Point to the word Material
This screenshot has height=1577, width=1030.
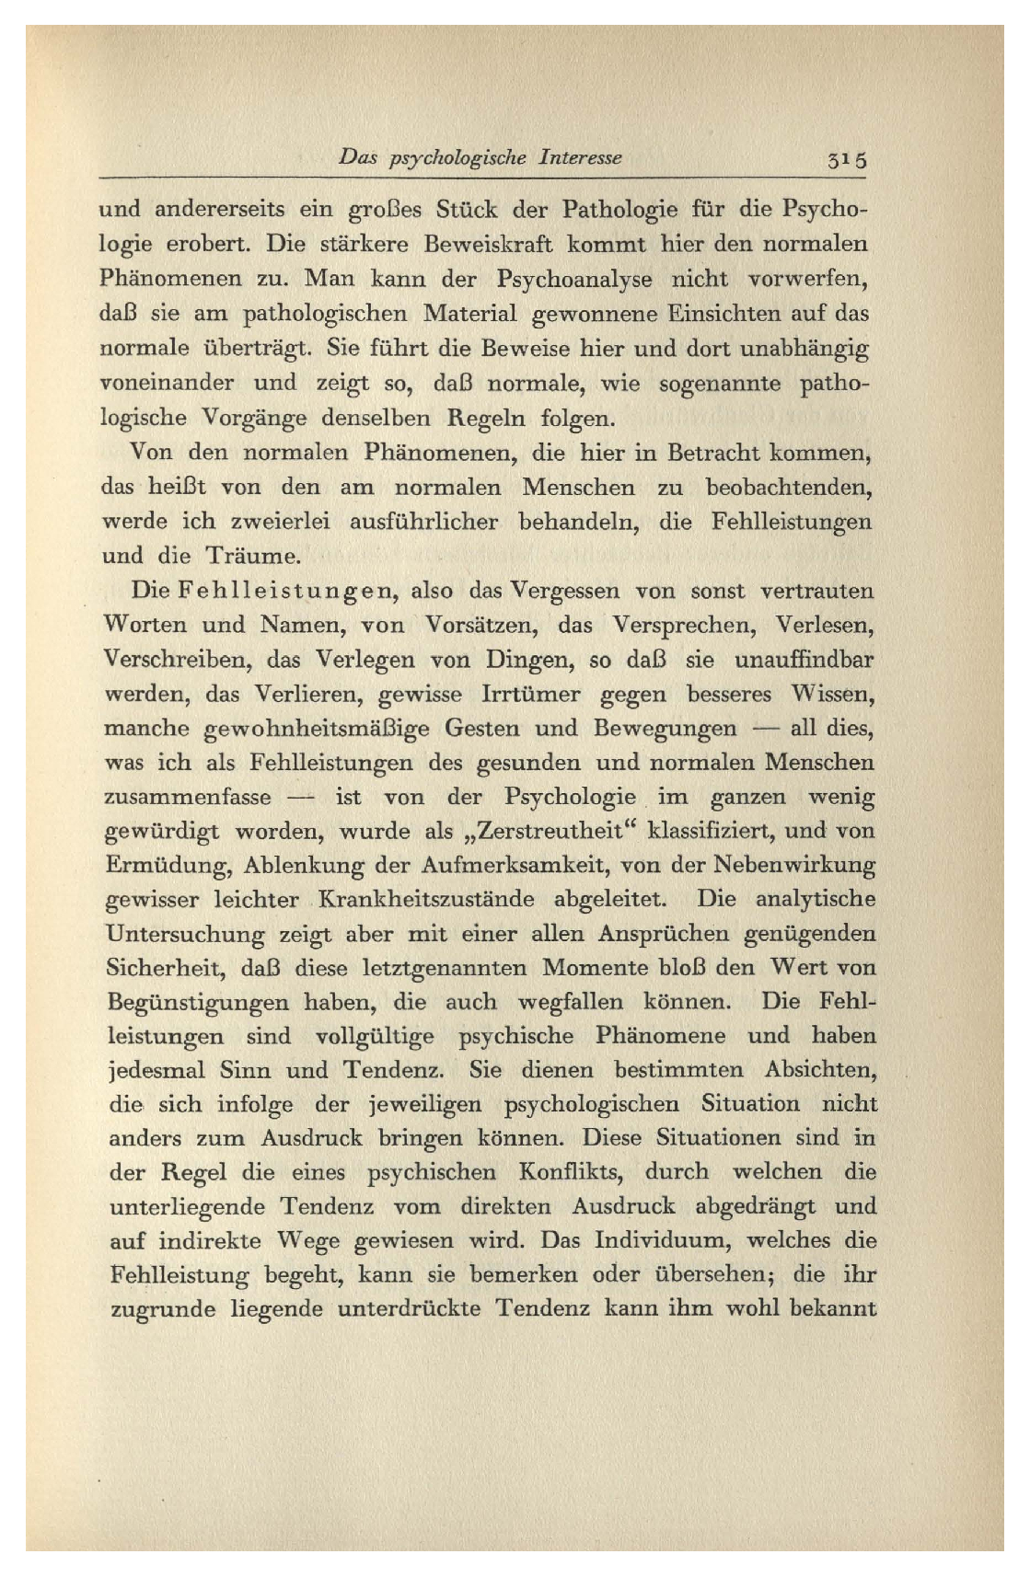[x=469, y=314]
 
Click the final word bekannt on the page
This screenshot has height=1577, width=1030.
[x=832, y=1308]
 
